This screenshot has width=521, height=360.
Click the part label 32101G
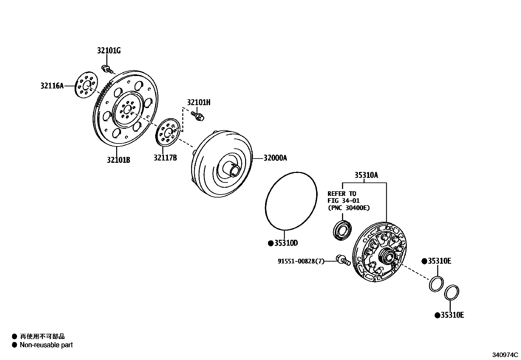point(109,51)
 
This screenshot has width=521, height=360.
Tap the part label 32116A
point(52,86)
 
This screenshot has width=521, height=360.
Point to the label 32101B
point(118,160)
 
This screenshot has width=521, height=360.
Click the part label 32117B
point(165,158)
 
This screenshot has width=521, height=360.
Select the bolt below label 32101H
point(197,116)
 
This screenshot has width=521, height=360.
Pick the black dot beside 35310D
point(270,243)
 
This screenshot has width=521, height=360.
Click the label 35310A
point(366,175)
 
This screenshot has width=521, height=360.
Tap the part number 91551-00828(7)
point(301,261)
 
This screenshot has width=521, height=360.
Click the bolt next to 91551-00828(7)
point(343,260)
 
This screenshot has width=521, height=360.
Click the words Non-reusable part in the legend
point(46,345)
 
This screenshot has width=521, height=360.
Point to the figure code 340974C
point(505,355)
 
